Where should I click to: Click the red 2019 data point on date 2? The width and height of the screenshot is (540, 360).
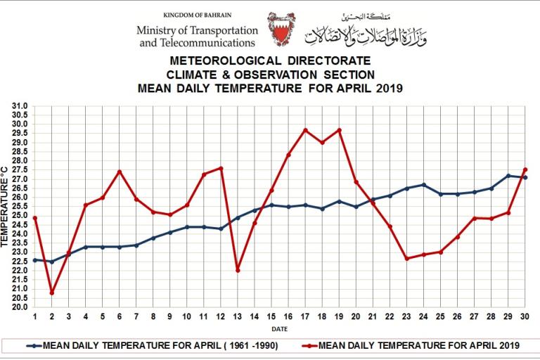tap(51, 292)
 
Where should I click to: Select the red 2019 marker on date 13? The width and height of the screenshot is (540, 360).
tap(238, 270)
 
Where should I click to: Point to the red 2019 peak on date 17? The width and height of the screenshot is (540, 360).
tap(305, 130)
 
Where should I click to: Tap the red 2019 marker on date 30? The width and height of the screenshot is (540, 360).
tap(525, 169)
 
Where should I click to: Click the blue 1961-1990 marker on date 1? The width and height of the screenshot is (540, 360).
tap(34, 260)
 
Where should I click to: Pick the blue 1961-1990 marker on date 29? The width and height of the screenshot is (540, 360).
tap(508, 176)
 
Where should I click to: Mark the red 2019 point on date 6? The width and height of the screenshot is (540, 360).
tap(120, 172)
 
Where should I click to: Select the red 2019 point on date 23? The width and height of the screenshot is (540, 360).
tap(407, 259)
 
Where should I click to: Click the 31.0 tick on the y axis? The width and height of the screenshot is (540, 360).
tap(20, 106)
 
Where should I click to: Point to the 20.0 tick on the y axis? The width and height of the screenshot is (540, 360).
tap(20, 307)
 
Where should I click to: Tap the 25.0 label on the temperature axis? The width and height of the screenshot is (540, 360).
tap(20, 216)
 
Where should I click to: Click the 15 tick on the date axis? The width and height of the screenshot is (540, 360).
tap(271, 317)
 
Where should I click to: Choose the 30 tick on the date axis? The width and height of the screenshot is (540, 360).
tap(525, 317)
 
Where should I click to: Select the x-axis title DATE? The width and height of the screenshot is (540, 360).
tap(280, 328)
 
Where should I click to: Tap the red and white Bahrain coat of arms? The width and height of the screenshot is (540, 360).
tap(281, 30)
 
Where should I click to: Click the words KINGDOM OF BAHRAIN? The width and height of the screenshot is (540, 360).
tap(198, 15)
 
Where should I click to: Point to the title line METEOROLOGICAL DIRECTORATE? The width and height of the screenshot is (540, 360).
tap(270, 62)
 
